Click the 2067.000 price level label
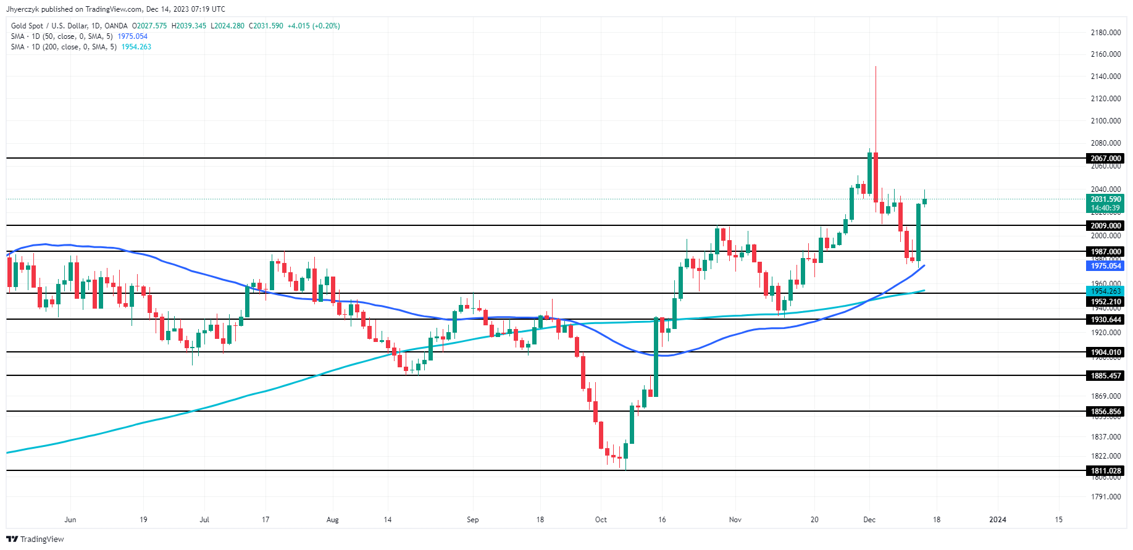(1105, 159)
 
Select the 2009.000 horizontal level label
(1105, 226)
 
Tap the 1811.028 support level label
(1105, 471)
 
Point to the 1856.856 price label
(1105, 412)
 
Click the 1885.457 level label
(1105, 376)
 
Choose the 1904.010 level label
(1105, 352)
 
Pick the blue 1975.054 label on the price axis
(1105, 266)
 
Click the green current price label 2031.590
(1105, 199)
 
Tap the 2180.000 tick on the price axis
(1105, 33)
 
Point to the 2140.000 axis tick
(1105, 77)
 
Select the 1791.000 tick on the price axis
(1105, 497)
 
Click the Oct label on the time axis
(601, 520)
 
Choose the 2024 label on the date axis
(997, 520)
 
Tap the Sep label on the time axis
(472, 520)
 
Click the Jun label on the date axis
(70, 520)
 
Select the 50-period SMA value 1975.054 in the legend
(133, 36)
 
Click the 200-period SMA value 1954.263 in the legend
(136, 47)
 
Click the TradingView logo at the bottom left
(35, 540)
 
